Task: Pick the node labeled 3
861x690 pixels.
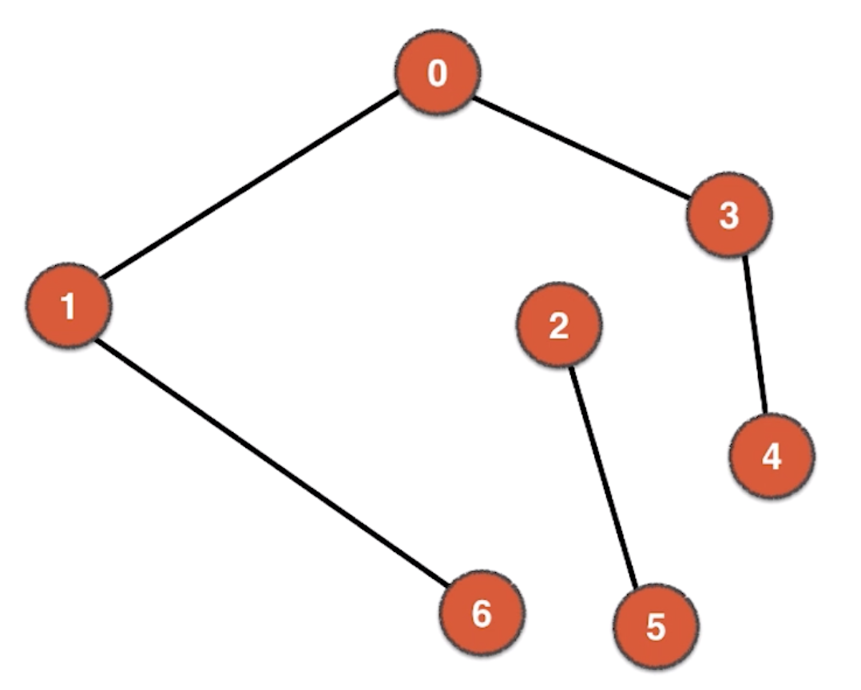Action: (729, 215)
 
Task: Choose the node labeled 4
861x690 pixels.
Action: (772, 457)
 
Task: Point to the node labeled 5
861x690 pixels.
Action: (656, 627)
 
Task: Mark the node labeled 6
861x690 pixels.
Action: (482, 613)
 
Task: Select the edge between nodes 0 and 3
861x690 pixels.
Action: (581, 146)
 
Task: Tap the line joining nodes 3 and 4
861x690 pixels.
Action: (755, 335)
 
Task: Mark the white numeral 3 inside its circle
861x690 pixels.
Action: (729, 216)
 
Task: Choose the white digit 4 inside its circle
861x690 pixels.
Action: (772, 458)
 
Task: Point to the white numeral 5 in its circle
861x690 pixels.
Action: (656, 628)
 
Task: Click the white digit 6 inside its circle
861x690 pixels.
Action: (482, 614)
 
